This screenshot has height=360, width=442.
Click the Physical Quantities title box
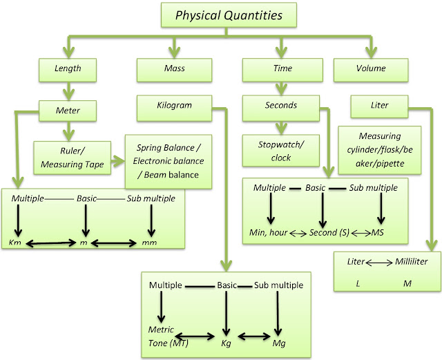tap(229, 15)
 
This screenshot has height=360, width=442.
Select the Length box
tap(68, 70)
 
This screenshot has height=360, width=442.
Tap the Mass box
tap(174, 70)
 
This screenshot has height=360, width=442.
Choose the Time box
tap(282, 70)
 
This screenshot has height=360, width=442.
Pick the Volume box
tap(371, 70)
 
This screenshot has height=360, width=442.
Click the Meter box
tap(68, 111)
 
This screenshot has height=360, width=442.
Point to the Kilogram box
tap(174, 108)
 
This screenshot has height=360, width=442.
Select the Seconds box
tap(281, 108)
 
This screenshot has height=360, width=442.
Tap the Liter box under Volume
tap(379, 106)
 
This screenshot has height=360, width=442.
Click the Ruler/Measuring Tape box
tap(72, 158)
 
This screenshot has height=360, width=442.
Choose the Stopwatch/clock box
tap(281, 151)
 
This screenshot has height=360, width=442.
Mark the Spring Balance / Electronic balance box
tap(169, 162)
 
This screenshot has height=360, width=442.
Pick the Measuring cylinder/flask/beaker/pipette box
tap(380, 150)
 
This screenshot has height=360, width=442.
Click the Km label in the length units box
tap(15, 243)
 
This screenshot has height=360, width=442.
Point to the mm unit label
tap(149, 243)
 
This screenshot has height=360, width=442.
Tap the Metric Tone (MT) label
tap(169, 337)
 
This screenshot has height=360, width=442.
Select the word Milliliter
tap(412, 262)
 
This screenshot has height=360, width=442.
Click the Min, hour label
tap(269, 232)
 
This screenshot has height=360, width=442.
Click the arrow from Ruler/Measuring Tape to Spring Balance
tap(118, 162)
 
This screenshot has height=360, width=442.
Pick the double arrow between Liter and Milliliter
tap(379, 263)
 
